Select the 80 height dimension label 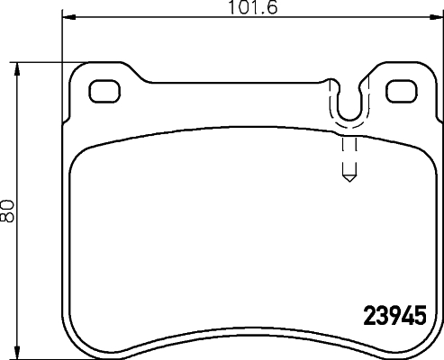pos(9,211)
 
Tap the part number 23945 pos(394,319)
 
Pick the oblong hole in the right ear pos(399,90)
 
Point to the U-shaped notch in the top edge pos(348,103)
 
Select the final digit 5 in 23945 pos(418,319)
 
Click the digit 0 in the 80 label pos(9,205)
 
